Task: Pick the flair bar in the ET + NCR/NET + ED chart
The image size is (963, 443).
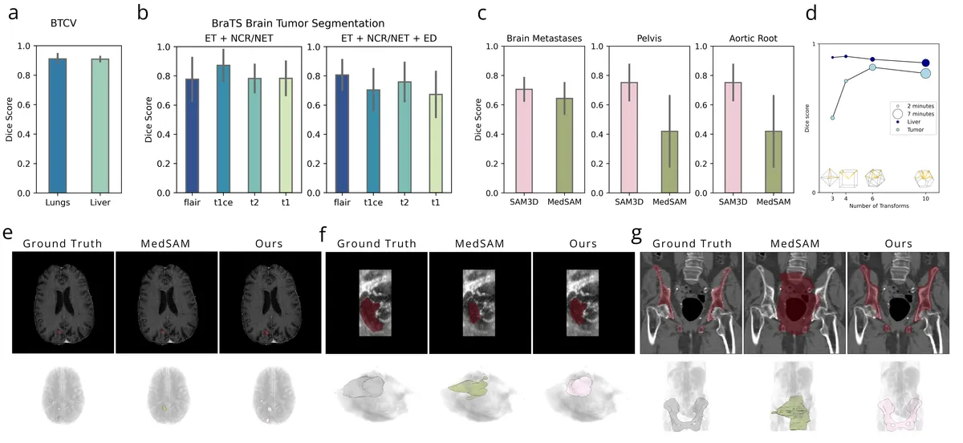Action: [x=343, y=133]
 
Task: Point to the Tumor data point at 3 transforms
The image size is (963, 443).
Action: [x=832, y=118]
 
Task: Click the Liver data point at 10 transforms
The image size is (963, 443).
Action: [x=925, y=63]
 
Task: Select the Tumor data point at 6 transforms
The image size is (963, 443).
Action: [x=872, y=67]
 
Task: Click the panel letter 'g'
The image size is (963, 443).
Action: [x=637, y=235]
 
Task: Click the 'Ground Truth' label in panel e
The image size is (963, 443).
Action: [x=63, y=243]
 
